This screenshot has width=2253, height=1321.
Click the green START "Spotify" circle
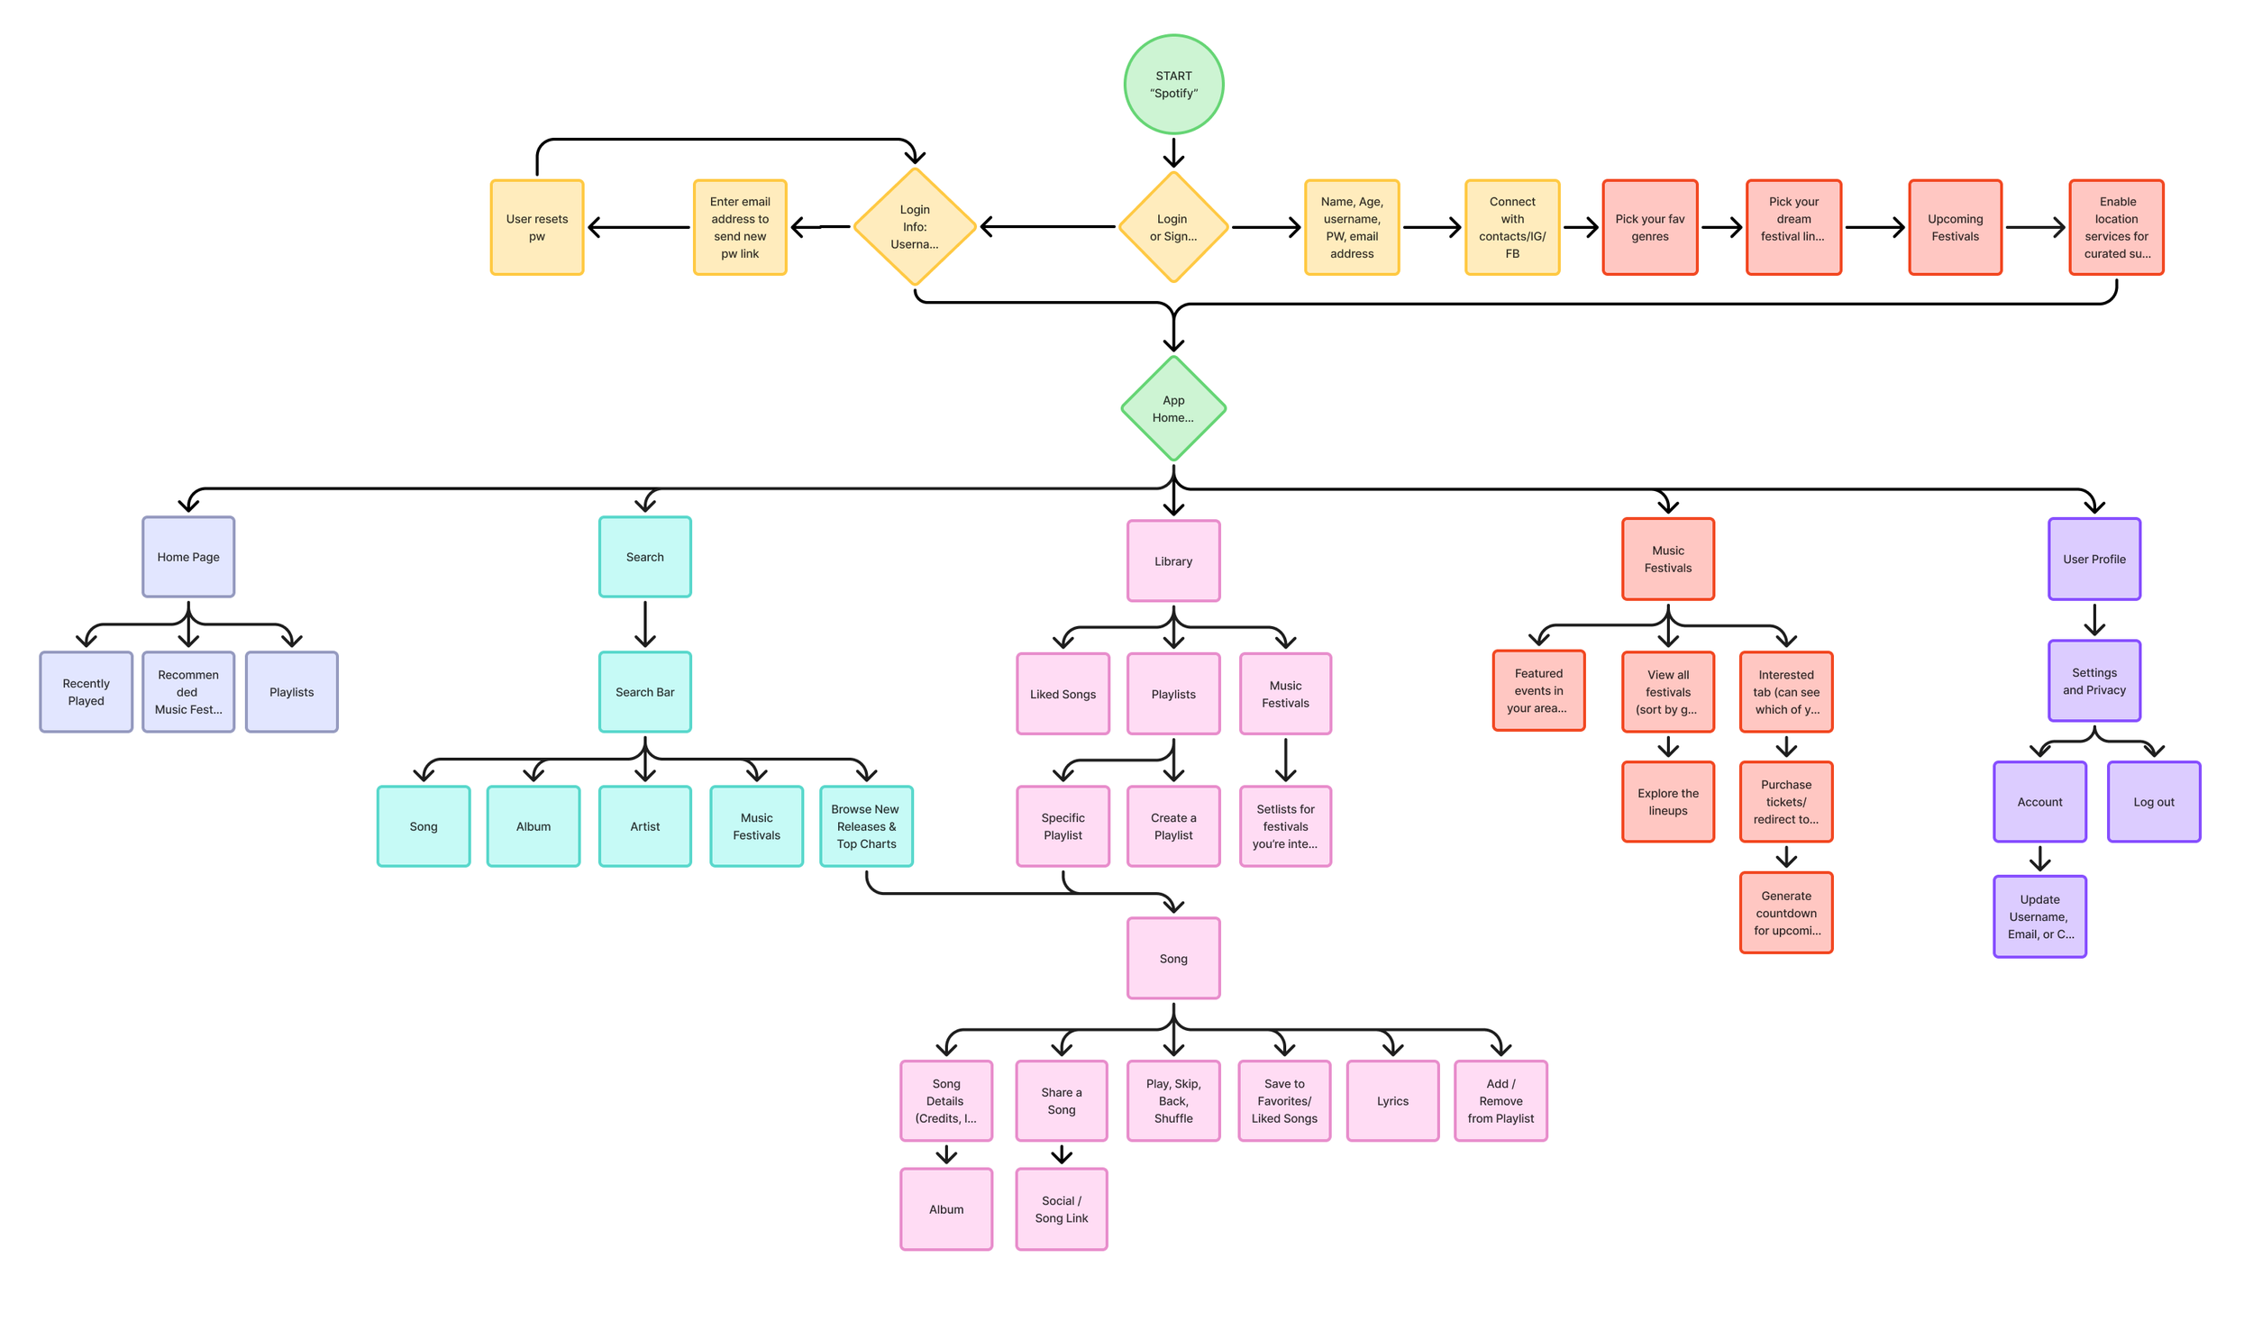point(1173,85)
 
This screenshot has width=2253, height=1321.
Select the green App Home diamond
point(1173,409)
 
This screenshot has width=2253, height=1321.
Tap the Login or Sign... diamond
point(1173,227)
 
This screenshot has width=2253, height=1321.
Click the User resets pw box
point(537,227)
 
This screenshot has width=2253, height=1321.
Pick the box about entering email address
point(740,227)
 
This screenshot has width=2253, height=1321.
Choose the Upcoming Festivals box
point(1955,227)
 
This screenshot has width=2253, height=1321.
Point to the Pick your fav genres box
point(1649,227)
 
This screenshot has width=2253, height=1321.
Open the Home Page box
point(188,557)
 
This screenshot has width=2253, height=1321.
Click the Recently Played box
point(87,692)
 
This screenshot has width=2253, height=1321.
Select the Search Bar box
point(645,692)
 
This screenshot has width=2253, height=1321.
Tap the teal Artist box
point(645,826)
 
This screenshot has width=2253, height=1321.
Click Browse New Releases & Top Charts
point(866,826)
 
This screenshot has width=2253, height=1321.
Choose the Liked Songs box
point(1063,694)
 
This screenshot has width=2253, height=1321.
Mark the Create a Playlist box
point(1173,826)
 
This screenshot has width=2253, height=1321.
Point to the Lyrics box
point(1392,1101)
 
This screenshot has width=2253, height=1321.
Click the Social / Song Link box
point(1062,1209)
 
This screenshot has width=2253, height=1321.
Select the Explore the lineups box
point(1668,802)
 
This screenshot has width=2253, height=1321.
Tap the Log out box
point(2154,802)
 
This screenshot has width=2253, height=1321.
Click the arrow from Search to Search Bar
point(645,624)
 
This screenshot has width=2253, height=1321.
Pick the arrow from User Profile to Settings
point(2094,620)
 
